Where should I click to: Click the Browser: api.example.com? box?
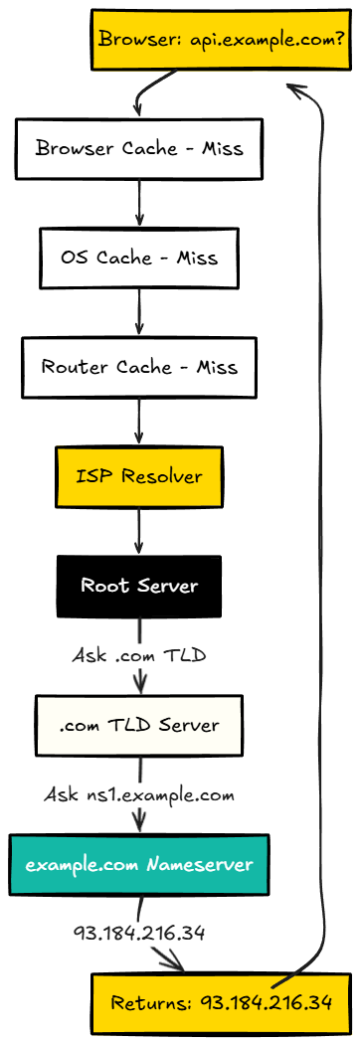pos(221,40)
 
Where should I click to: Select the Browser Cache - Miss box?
pos(138,148)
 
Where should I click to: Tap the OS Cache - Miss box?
pos(138,258)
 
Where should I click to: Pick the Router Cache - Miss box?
pos(138,366)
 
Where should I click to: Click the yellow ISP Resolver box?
pos(138,475)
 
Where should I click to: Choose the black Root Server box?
pos(138,585)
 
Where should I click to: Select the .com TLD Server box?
pos(138,725)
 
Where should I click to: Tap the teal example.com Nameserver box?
pos(138,864)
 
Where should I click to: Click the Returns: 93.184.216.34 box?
pos(221,1002)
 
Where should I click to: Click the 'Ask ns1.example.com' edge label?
pos(138,794)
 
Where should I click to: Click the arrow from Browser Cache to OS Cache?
pos(138,203)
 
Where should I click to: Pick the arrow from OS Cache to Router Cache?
pos(138,312)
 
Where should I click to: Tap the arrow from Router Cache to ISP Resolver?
pos(138,421)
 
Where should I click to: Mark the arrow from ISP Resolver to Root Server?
pos(138,530)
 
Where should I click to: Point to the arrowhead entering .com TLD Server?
pos(138,686)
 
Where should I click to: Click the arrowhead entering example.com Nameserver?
pos(138,825)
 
